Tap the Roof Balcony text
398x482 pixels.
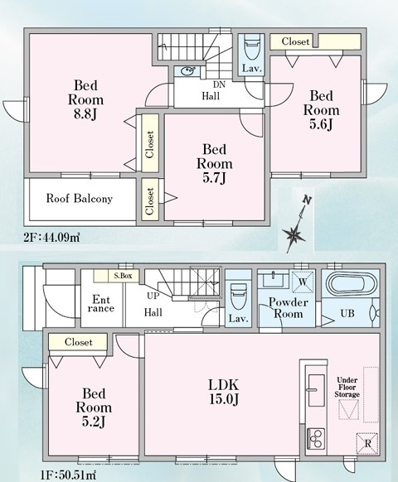[x=80, y=200]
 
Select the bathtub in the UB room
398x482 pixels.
[x=352, y=286]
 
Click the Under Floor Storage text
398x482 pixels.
[x=347, y=388]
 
